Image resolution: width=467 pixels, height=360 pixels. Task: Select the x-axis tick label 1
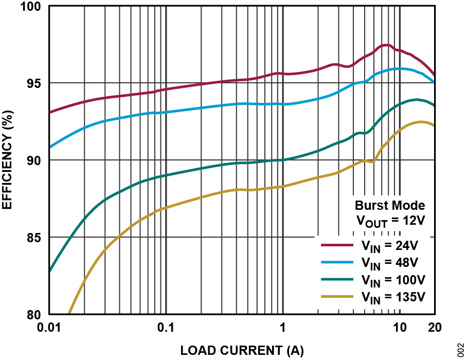pyautogui.click(x=283, y=328)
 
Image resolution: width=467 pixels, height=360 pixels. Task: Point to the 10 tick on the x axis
pyautogui.click(x=400, y=328)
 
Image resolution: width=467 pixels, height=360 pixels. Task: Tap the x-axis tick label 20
pyautogui.click(x=435, y=328)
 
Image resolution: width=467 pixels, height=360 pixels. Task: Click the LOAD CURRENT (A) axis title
pyautogui.click(x=242, y=351)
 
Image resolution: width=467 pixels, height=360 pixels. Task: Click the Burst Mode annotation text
pyautogui.click(x=390, y=206)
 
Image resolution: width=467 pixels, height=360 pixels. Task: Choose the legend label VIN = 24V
pyautogui.click(x=390, y=245)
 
